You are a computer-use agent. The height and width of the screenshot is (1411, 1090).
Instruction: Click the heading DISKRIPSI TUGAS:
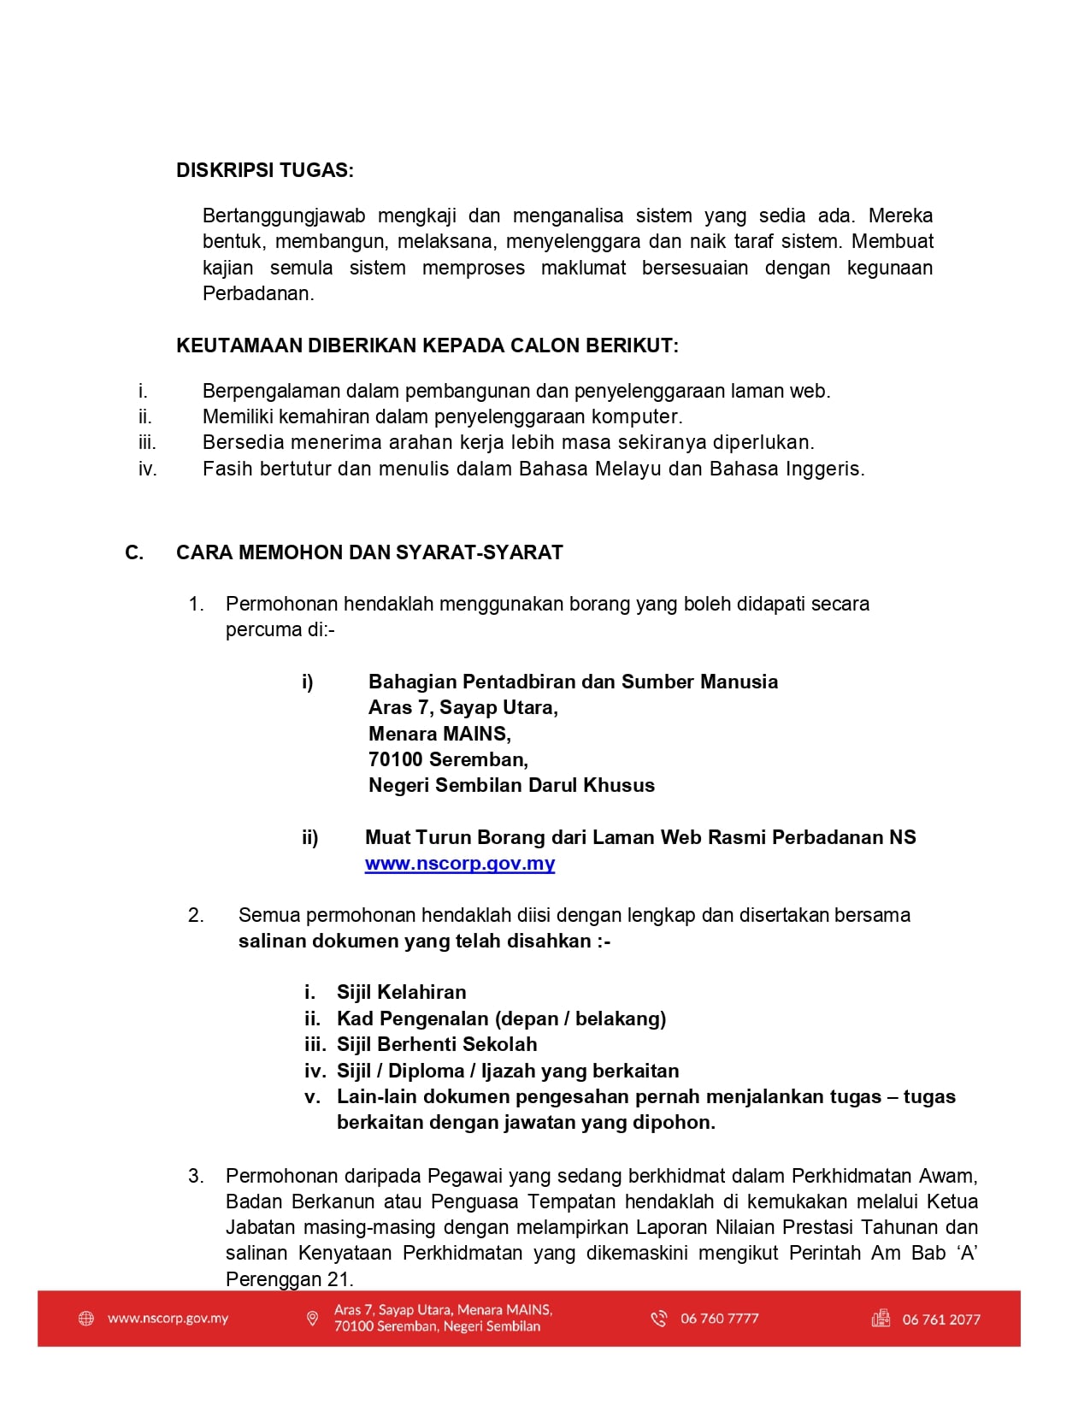(x=264, y=170)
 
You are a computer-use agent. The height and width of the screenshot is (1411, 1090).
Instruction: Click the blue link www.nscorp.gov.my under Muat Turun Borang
(x=459, y=864)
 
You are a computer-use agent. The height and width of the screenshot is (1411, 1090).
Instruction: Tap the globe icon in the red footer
(x=86, y=1319)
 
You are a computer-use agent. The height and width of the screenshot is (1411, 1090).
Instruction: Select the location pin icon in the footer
(x=312, y=1319)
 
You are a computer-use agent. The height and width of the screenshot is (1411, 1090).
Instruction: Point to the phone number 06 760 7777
(x=719, y=1319)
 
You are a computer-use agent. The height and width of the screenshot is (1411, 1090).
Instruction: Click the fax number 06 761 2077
(x=940, y=1319)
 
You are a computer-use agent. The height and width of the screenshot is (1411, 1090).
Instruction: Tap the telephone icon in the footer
(x=658, y=1319)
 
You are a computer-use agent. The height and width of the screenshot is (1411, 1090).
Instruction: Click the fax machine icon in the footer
(x=881, y=1319)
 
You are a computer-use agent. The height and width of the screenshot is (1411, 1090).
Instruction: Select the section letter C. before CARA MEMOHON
(x=134, y=552)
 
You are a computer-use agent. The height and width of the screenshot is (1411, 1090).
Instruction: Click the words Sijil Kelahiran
(x=401, y=992)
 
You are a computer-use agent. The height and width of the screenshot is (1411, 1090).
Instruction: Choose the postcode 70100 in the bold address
(x=396, y=759)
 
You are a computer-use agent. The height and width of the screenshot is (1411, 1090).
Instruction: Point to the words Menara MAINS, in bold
(x=439, y=734)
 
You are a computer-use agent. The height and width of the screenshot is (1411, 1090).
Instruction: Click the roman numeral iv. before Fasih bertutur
(x=148, y=469)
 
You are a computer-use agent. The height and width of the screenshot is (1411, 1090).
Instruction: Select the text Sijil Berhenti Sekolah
(x=437, y=1044)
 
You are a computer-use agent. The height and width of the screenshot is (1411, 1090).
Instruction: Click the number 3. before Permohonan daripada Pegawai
(x=196, y=1176)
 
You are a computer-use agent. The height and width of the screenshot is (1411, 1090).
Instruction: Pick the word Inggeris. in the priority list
(x=825, y=469)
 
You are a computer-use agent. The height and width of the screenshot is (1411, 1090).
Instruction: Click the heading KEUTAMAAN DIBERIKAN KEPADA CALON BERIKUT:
(x=427, y=345)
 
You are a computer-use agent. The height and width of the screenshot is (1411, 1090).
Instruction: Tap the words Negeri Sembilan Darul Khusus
(x=511, y=785)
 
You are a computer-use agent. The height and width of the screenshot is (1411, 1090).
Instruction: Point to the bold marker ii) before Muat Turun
(x=309, y=837)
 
